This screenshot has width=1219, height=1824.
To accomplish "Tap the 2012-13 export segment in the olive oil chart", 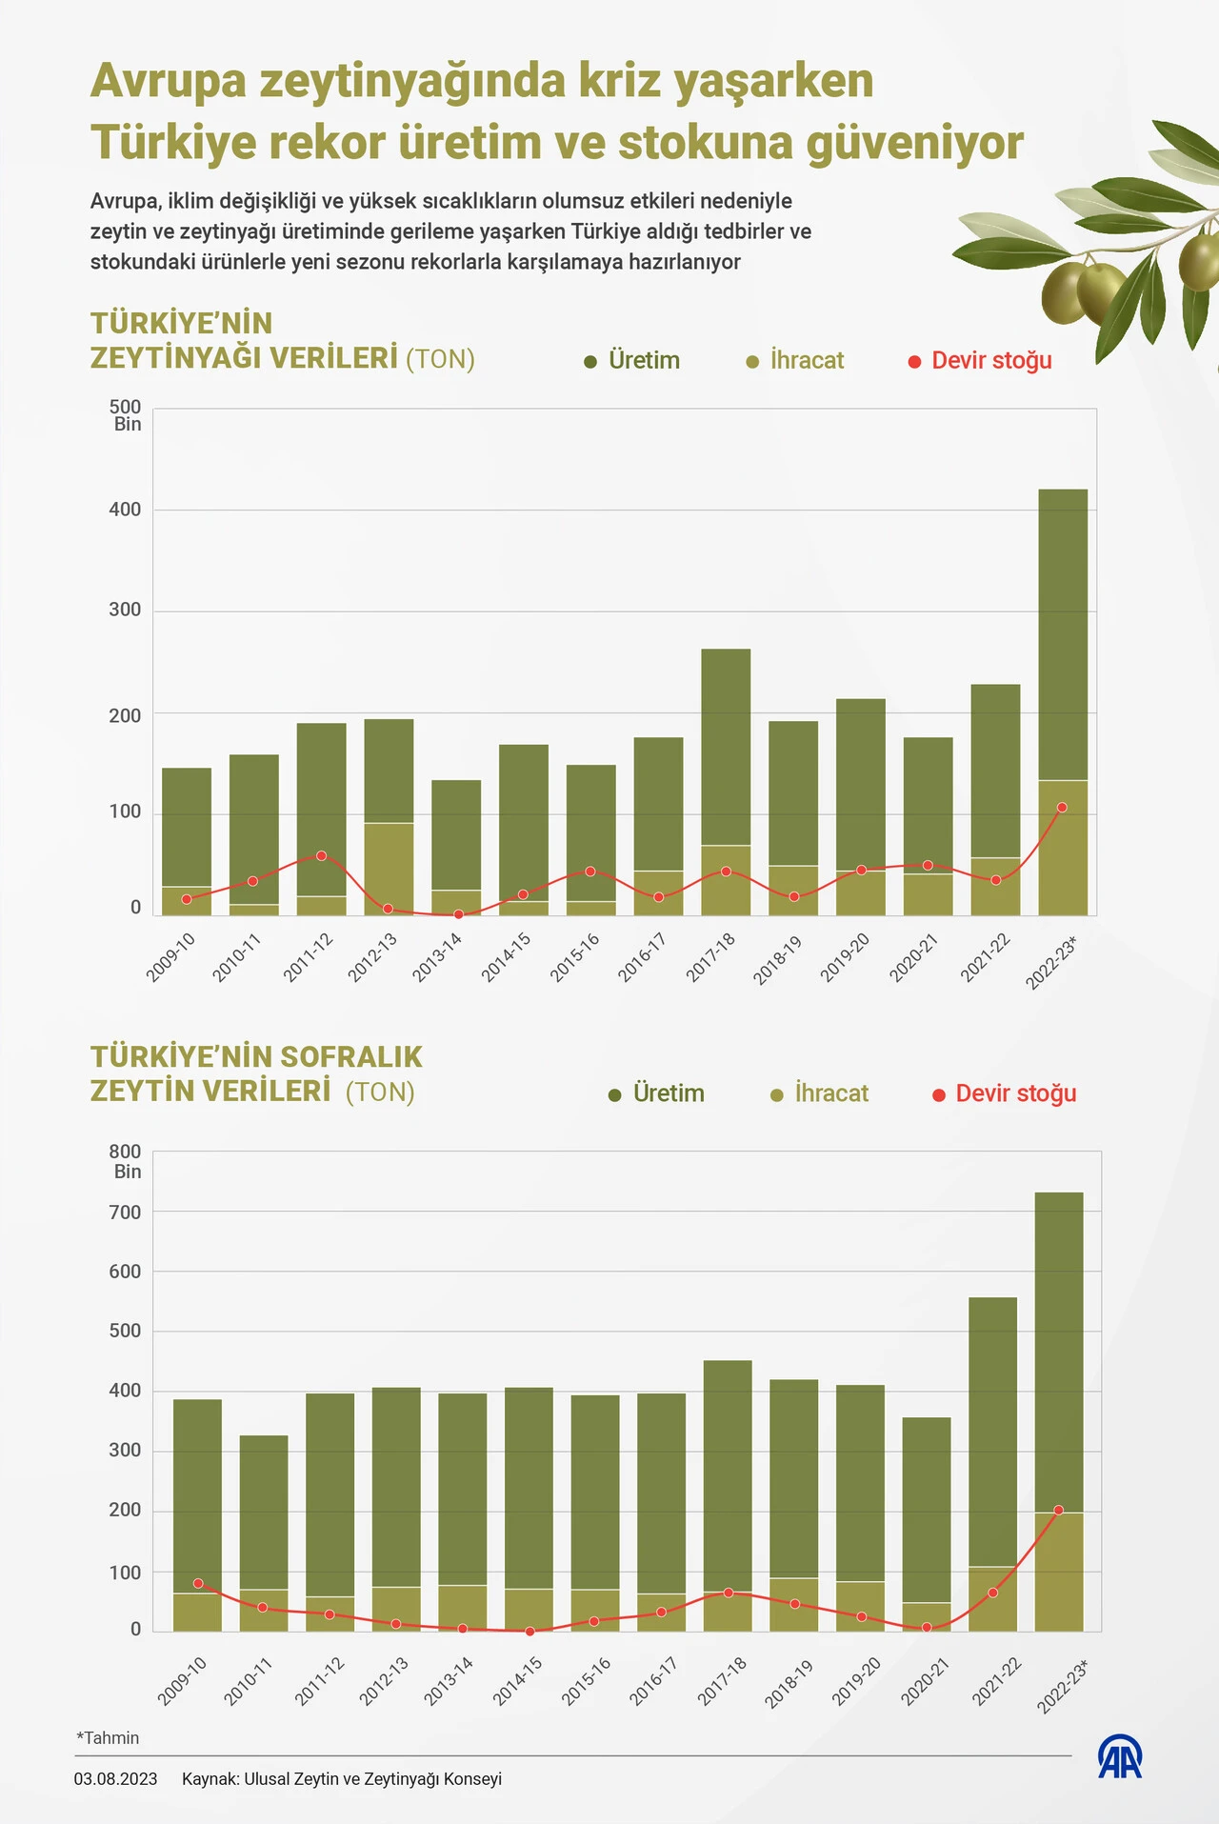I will tap(389, 869).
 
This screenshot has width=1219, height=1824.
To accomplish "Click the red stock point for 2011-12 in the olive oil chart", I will tap(321, 856).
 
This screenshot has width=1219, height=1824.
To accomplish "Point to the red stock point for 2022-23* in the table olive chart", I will tap(1058, 1511).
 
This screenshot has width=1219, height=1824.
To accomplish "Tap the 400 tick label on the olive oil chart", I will tap(125, 510).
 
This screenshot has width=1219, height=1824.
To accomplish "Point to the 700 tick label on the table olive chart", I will tap(125, 1213).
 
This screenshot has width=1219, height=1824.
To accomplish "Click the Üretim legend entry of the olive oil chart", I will tap(632, 361).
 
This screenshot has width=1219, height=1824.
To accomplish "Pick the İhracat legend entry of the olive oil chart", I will tap(795, 361).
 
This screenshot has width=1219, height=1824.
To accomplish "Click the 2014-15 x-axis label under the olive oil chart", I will tap(506, 956).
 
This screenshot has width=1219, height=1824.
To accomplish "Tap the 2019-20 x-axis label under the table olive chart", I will tap(856, 1681).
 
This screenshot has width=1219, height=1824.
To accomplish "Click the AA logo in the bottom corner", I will tap(1120, 1758).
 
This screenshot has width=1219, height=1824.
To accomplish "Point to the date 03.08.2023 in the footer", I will tap(115, 1779).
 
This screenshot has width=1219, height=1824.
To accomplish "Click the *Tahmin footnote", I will tap(108, 1738).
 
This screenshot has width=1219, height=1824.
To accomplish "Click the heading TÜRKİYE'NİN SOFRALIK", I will tap(256, 1057).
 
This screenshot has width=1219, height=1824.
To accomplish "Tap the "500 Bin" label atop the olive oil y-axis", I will tap(126, 415).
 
